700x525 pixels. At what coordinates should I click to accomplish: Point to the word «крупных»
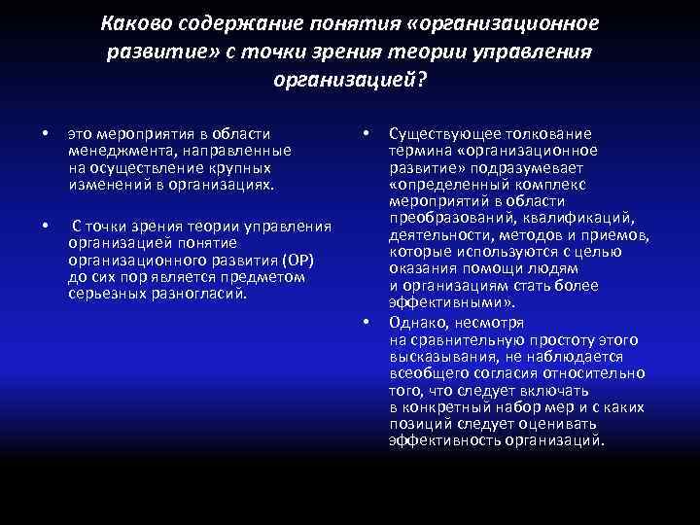click(243, 167)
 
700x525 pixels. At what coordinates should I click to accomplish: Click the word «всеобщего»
click(423, 373)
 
